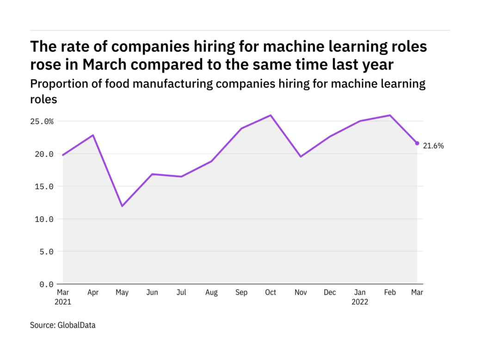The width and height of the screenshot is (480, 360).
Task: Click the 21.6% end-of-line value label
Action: (x=433, y=146)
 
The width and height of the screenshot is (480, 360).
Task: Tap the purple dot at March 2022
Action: (x=417, y=143)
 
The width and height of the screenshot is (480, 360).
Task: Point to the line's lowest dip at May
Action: (x=122, y=206)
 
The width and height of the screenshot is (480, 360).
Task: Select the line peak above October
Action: (x=271, y=115)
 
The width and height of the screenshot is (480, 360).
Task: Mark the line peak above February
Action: (x=390, y=115)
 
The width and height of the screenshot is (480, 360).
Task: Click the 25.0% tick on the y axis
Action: (x=43, y=121)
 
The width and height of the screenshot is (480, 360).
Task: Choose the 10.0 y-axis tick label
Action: (x=44, y=219)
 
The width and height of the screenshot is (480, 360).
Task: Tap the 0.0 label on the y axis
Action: (x=47, y=284)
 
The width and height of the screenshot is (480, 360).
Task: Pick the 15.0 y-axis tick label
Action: (x=44, y=186)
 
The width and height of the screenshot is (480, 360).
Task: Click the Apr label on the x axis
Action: (x=92, y=292)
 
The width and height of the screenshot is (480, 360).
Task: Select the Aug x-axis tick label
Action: (x=211, y=292)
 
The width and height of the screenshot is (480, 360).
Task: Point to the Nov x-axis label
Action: (x=301, y=292)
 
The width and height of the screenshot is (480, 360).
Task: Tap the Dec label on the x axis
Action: (x=330, y=292)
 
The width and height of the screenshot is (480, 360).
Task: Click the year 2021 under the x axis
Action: (x=63, y=302)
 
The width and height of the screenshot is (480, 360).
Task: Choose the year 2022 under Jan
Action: (x=360, y=302)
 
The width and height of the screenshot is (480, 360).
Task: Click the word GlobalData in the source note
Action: (x=76, y=325)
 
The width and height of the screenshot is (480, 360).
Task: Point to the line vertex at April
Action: (x=93, y=135)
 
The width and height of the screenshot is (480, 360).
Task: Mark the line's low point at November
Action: (x=301, y=156)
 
